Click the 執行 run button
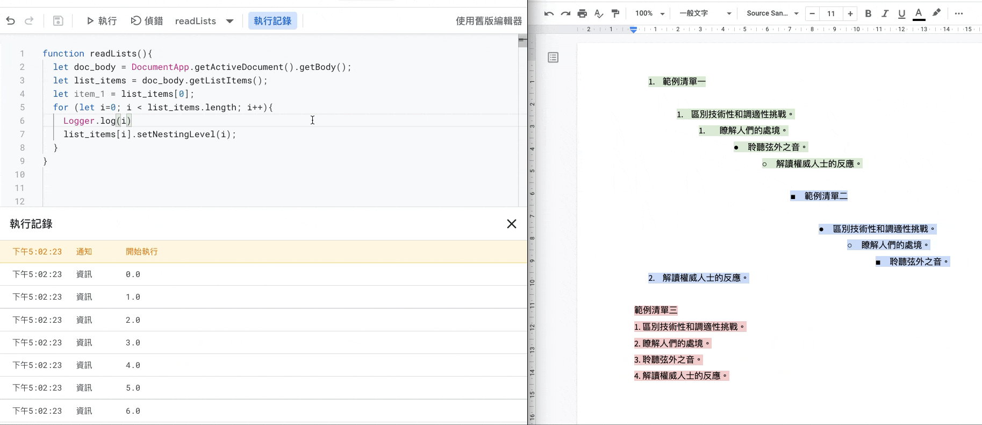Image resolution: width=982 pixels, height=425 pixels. tap(102, 21)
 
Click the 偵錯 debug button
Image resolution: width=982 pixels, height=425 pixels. tap(147, 21)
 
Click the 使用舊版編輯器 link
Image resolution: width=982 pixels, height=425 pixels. tap(489, 21)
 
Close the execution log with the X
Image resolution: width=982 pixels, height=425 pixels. tap(512, 224)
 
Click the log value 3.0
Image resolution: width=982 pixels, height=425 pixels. tap(133, 343)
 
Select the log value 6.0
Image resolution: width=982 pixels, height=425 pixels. tap(133, 411)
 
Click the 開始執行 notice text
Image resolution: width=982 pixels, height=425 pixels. tap(142, 252)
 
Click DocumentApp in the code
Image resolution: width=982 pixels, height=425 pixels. tap(160, 67)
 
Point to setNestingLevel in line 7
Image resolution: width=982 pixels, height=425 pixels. tap(176, 134)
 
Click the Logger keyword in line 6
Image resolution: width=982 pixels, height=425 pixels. tap(79, 121)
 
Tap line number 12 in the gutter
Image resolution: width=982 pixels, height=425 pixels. tap(20, 202)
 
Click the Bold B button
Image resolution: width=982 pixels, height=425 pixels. tap(868, 13)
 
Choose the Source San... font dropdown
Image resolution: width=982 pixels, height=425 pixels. tap(772, 13)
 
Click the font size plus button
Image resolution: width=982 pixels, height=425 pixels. tap(850, 13)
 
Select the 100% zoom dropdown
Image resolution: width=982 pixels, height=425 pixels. tap(650, 13)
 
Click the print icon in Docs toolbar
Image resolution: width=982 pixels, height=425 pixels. tap(582, 13)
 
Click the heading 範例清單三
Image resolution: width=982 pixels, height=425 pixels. tap(656, 310)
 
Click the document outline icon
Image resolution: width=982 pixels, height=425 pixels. tap(553, 58)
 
